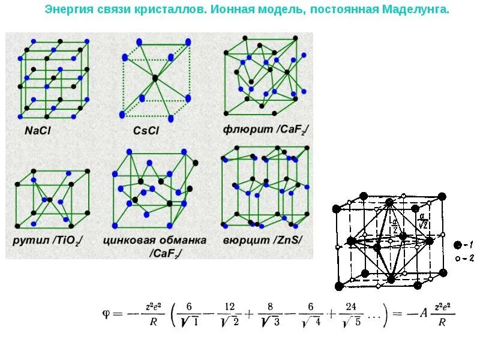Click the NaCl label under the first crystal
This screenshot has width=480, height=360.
37,130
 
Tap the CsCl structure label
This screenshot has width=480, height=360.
147,130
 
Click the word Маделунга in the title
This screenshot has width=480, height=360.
417,10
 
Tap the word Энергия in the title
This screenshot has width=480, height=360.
65,10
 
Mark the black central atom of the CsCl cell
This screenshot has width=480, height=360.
155,78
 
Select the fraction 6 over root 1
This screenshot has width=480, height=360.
190,313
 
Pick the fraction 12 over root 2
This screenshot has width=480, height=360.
227,313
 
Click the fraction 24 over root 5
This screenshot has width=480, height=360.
349,313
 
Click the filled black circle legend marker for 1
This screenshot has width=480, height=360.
458,245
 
